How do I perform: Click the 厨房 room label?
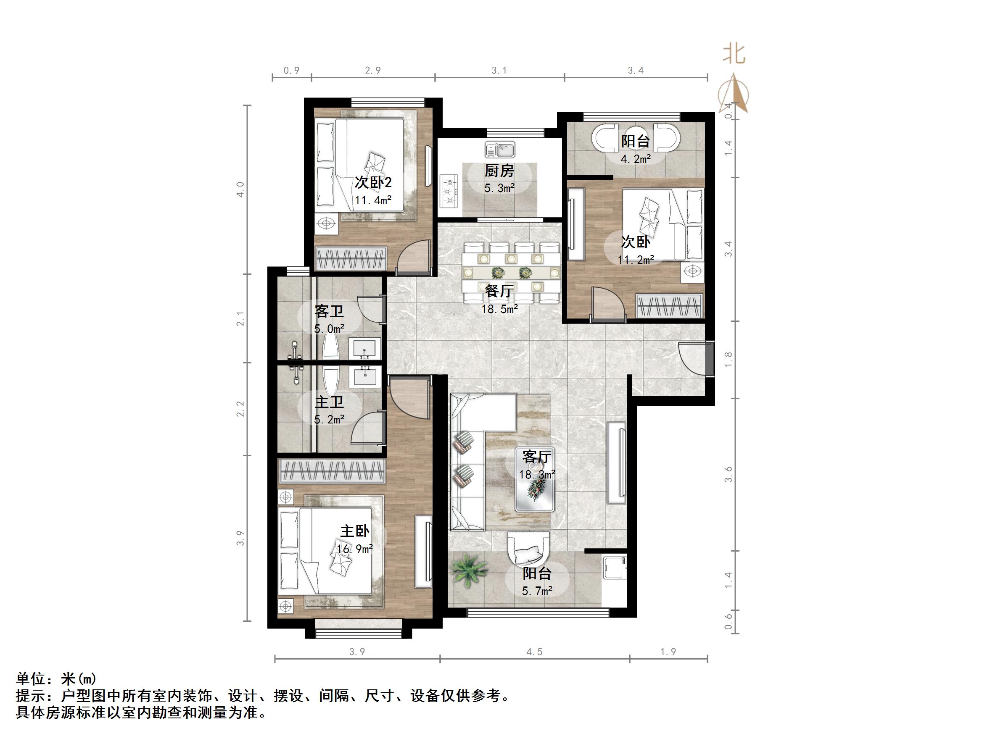point(499,171)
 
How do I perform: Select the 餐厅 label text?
point(499,291)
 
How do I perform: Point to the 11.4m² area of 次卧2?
point(373,200)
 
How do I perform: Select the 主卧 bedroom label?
point(355,531)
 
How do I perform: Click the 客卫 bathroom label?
point(329,311)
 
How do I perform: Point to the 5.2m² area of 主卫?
point(329,419)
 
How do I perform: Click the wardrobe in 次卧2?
point(351,258)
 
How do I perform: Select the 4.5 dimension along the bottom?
point(534,652)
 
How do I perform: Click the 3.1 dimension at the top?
point(499,71)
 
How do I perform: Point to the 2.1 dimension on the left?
point(240,318)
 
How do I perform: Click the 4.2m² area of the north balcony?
point(636,159)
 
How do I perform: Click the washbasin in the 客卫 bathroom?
point(365,349)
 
